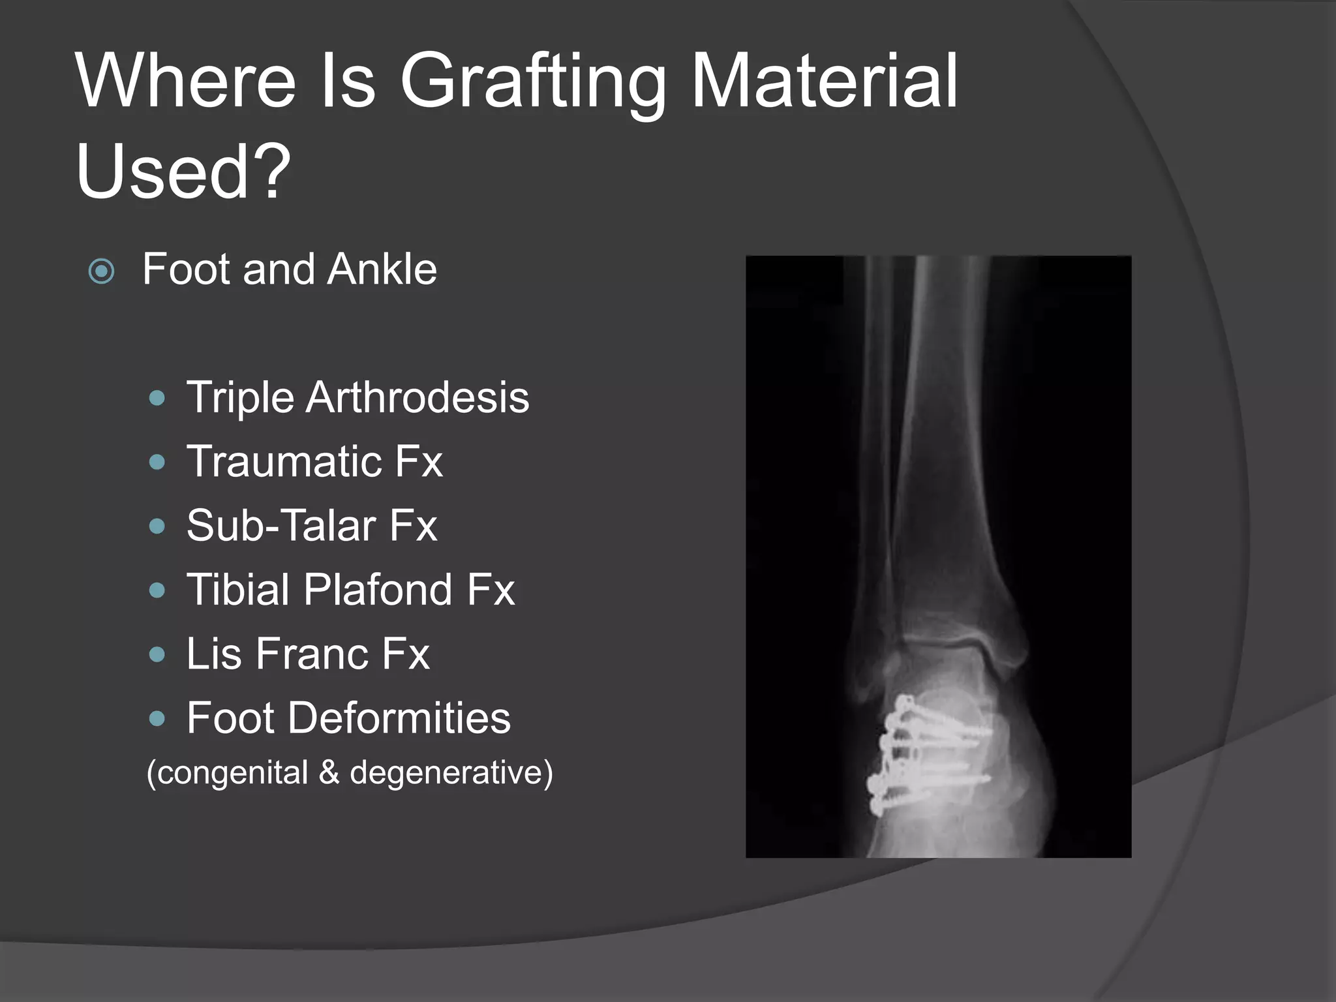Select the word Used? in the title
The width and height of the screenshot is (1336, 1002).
click(x=183, y=171)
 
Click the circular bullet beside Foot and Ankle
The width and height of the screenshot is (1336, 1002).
click(x=102, y=271)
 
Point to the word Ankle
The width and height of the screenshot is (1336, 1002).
click(x=382, y=269)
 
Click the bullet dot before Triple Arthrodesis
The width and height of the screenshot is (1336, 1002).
click(x=157, y=398)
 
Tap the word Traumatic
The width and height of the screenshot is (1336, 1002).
click(x=284, y=461)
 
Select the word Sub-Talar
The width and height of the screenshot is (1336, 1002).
click(x=281, y=525)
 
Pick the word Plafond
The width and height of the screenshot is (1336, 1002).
click(x=377, y=590)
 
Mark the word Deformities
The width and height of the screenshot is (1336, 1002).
click(x=399, y=718)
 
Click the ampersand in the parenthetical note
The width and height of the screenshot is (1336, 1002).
click(x=329, y=772)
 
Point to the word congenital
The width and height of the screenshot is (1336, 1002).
click(x=232, y=772)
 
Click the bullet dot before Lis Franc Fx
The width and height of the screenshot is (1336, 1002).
click(x=157, y=654)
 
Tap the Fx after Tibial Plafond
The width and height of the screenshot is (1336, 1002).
click(x=491, y=590)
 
